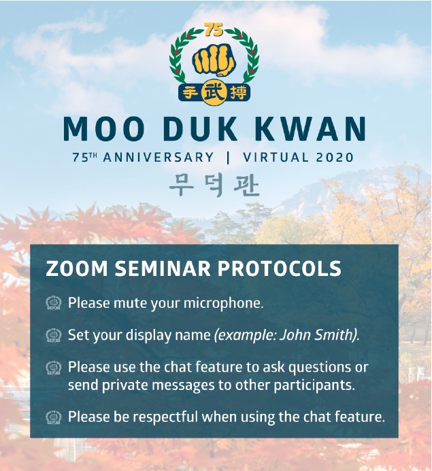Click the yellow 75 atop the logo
[x=214, y=30]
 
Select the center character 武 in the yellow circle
[x=214, y=92]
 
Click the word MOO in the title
[x=103, y=129]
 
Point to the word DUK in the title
[x=200, y=129]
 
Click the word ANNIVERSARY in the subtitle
[x=159, y=158]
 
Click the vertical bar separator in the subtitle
[x=228, y=158]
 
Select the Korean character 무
[x=182, y=186]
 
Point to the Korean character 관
[x=246, y=186]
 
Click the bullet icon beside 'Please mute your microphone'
[x=54, y=303]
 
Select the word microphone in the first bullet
[x=223, y=303]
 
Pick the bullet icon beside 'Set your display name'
[x=54, y=335]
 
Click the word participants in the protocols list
[x=314, y=386]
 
